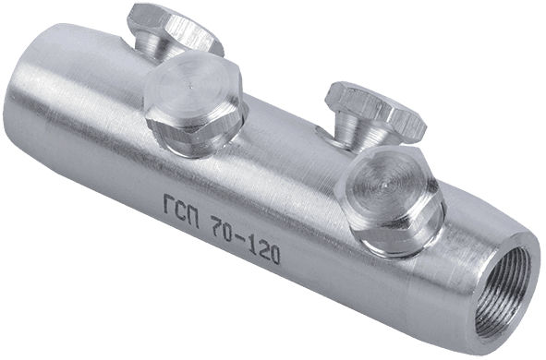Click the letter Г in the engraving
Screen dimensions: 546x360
tap(168, 205)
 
